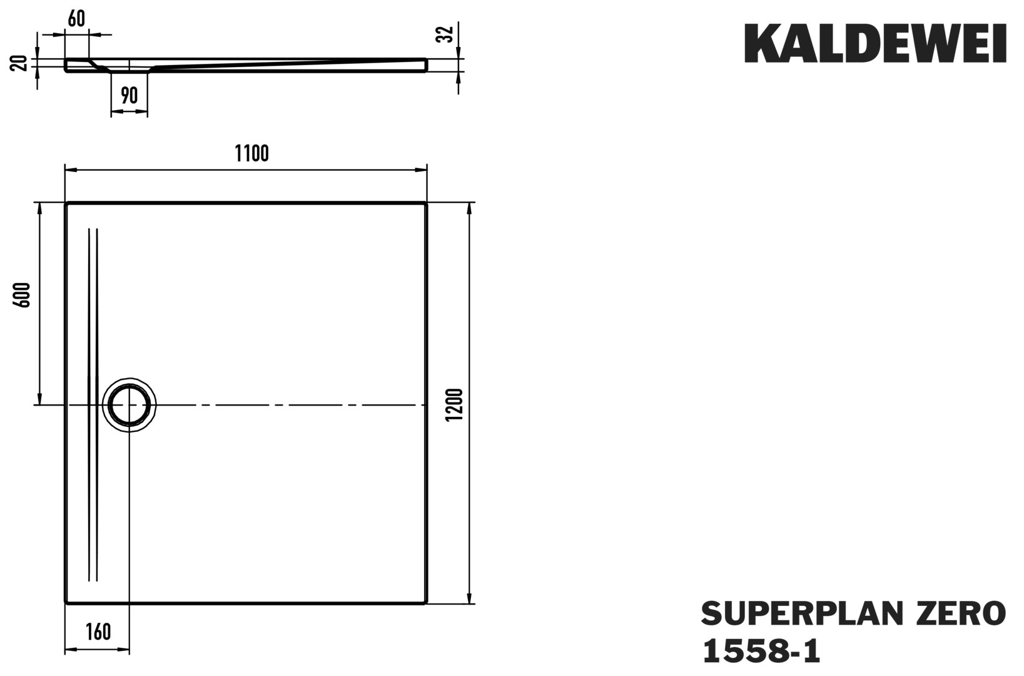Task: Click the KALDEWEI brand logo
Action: [875, 43]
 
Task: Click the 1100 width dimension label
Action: [252, 153]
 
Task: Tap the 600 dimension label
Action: [23, 295]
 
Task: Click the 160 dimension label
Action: [98, 632]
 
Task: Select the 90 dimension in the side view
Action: [129, 95]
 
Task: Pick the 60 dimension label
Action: [76, 18]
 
